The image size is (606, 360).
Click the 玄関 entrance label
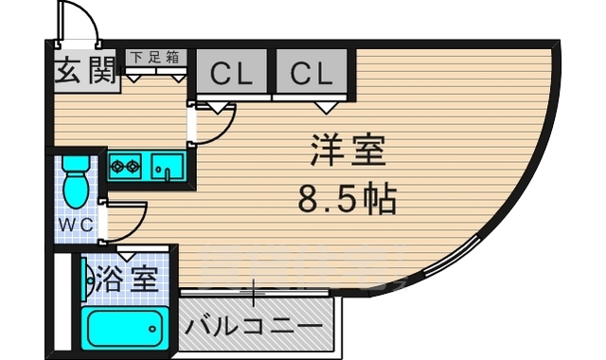pyautogui.click(x=83, y=72)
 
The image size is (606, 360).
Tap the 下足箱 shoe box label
pyautogui.click(x=155, y=57)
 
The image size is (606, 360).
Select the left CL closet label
pyautogui.click(x=231, y=71)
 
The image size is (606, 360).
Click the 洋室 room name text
pyautogui.click(x=348, y=152)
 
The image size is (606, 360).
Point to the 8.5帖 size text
pyautogui.click(x=347, y=199)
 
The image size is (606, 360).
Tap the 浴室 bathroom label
pyautogui.click(x=128, y=279)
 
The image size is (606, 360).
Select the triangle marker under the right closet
pyautogui.click(x=327, y=105)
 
